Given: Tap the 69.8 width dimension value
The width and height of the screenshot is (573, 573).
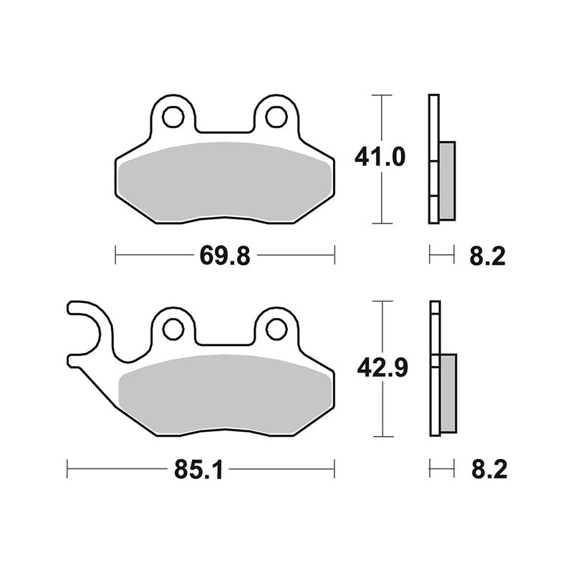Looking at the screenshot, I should click(x=225, y=255).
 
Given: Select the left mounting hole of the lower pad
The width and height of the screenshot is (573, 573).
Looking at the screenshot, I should click(x=173, y=328).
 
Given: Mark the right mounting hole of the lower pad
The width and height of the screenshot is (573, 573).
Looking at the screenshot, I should click(x=276, y=328).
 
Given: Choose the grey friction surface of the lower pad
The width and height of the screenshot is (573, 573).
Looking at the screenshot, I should click(x=225, y=395).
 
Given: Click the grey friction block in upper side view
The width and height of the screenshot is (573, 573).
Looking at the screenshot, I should click(x=446, y=180).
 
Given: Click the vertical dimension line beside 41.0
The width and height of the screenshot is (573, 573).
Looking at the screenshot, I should click(x=382, y=201).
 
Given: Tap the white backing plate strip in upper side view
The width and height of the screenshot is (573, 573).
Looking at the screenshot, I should click(x=433, y=129).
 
